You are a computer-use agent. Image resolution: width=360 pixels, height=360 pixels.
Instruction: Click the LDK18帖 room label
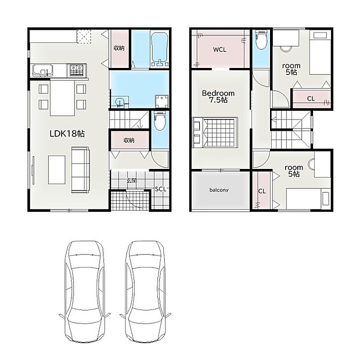tap(67, 134)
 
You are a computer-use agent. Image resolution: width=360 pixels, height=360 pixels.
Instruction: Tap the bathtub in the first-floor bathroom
tap(160, 49)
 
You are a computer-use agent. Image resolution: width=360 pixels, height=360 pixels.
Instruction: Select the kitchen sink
tap(43, 70)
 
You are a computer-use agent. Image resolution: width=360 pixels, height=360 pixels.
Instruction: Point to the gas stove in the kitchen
tap(77, 70)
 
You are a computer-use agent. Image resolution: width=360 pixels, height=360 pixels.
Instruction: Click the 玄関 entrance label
tap(132, 181)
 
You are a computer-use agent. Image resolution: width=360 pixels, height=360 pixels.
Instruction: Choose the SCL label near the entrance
tap(160, 189)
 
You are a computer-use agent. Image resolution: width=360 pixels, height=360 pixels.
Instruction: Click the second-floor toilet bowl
tap(261, 39)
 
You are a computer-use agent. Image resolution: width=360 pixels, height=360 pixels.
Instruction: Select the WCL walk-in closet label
tap(219, 49)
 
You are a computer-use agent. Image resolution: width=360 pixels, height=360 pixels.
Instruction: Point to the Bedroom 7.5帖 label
tap(218, 96)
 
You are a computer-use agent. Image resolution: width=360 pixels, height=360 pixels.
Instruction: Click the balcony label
tap(219, 190)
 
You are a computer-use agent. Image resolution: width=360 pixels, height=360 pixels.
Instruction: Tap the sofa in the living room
tap(80, 170)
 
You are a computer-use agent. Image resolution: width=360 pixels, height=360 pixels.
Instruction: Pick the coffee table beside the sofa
tap(57, 170)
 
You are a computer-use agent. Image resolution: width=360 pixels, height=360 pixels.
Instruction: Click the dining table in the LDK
tap(63, 98)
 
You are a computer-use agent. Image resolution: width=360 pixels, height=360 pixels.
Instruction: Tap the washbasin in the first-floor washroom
tap(120, 102)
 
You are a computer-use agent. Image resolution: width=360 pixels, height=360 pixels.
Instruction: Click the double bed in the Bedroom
tap(215, 132)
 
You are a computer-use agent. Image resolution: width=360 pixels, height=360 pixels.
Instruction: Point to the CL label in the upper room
tap(311, 99)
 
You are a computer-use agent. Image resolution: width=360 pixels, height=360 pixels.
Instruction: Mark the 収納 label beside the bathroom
tap(119, 48)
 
